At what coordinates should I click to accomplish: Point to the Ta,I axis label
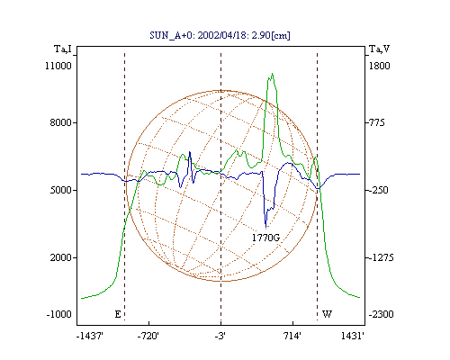[63, 49]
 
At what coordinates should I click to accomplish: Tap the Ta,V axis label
[379, 49]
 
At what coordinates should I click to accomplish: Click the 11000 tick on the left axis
[58, 66]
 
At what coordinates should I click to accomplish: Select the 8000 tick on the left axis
[61, 122]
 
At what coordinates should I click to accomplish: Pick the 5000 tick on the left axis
[61, 190]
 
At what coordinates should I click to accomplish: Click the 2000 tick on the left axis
[61, 257]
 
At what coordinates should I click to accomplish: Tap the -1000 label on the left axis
[59, 314]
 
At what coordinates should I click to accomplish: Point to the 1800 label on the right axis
[380, 66]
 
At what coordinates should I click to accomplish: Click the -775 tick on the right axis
[375, 122]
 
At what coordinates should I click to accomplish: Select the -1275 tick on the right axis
[380, 257]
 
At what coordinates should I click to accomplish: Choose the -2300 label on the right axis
[381, 314]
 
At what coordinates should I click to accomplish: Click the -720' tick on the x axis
[148, 336]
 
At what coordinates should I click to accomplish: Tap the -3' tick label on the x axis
[220, 336]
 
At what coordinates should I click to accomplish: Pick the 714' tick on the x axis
[292, 336]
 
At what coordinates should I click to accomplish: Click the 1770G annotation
[265, 238]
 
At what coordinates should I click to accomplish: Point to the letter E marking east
[118, 314]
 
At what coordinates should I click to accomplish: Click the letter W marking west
[327, 314]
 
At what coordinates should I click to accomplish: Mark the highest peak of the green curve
[272, 73]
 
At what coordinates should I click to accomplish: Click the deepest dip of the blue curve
[265, 228]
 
